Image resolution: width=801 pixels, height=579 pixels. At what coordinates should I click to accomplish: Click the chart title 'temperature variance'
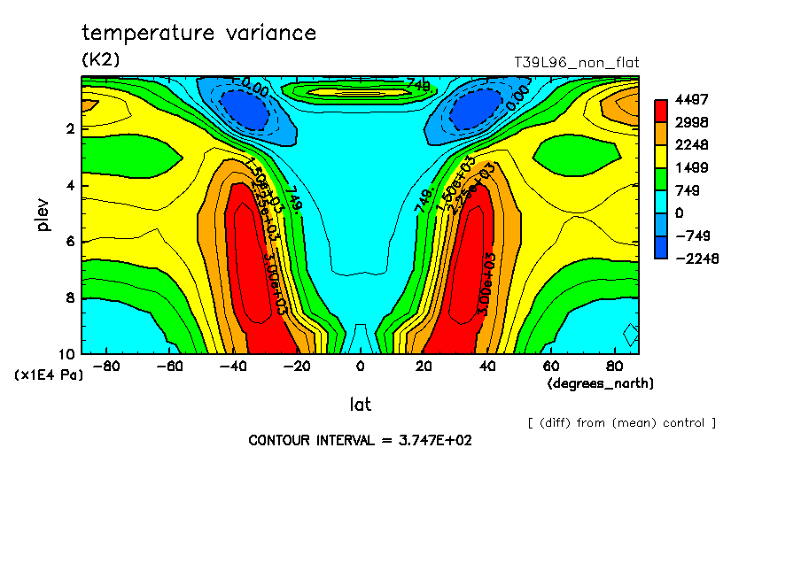pyautogui.click(x=198, y=34)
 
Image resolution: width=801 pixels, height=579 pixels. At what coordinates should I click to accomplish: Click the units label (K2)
pyautogui.click(x=100, y=60)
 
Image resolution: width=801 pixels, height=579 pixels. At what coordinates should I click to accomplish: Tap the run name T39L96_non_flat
pyautogui.click(x=576, y=63)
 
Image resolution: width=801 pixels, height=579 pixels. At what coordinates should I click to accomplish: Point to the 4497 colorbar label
pyautogui.click(x=691, y=99)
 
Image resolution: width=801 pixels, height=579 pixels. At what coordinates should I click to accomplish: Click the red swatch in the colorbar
pyautogui.click(x=660, y=111)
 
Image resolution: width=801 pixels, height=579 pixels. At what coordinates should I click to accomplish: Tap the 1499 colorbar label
pyautogui.click(x=691, y=167)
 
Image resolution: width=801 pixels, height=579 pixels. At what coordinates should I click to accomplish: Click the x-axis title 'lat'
pyautogui.click(x=360, y=405)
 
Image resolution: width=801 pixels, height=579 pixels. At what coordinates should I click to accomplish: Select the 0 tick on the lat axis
pyautogui.click(x=360, y=366)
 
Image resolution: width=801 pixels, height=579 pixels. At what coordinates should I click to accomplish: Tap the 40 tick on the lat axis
pyautogui.click(x=487, y=366)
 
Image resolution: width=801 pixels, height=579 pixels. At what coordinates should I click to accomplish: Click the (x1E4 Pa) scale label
pyautogui.click(x=49, y=375)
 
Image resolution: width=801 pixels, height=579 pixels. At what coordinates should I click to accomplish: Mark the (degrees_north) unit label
pyautogui.click(x=600, y=382)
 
